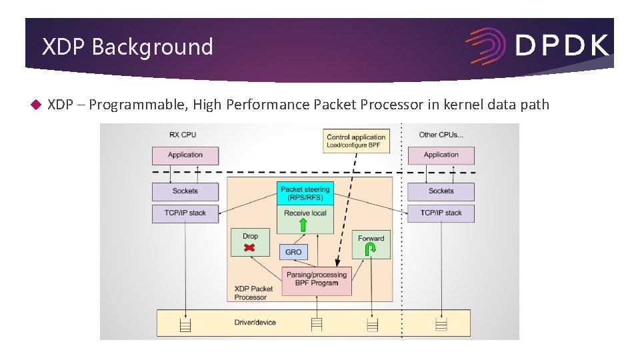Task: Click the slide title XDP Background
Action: pyautogui.click(x=127, y=47)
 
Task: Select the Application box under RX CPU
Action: pyautogui.click(x=185, y=155)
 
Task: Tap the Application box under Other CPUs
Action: pyautogui.click(x=441, y=155)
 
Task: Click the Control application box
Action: pyautogui.click(x=356, y=141)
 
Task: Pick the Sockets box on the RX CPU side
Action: pyautogui.click(x=185, y=191)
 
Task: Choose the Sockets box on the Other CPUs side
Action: pyautogui.click(x=441, y=191)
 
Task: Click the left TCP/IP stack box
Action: pyautogui.click(x=185, y=213)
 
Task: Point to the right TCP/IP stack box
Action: pyautogui.click(x=441, y=213)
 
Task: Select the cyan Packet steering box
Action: pyautogui.click(x=305, y=193)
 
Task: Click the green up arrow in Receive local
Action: pyautogui.click(x=303, y=225)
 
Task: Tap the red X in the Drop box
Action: pyautogui.click(x=249, y=248)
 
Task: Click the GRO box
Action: pyautogui.click(x=293, y=252)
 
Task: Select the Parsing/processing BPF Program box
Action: pyautogui.click(x=317, y=279)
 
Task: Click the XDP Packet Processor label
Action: pyautogui.click(x=253, y=293)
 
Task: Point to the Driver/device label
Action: pyautogui.click(x=255, y=323)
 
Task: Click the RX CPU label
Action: pyautogui.click(x=183, y=135)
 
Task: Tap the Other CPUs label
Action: pyautogui.click(x=441, y=135)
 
